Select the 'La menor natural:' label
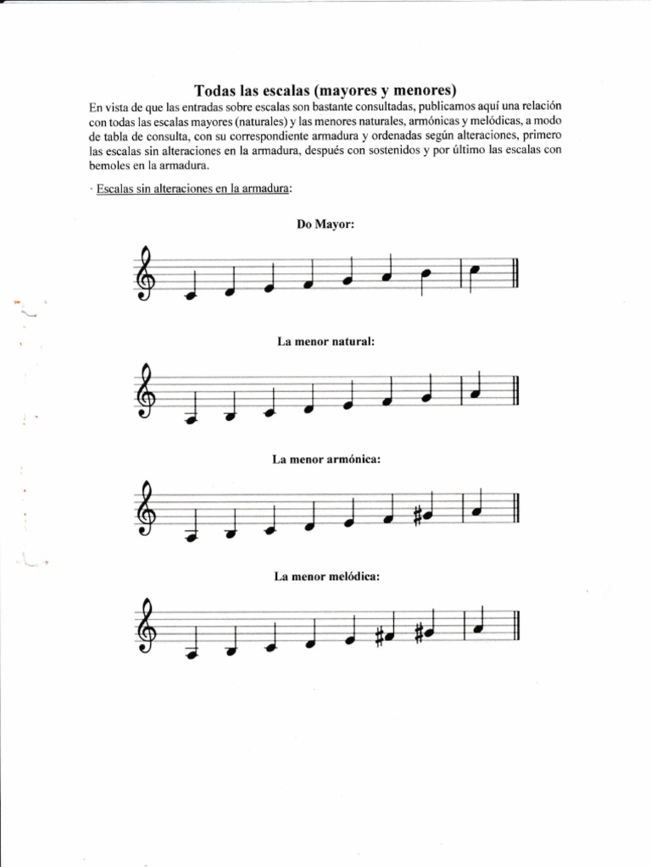(x=325, y=341)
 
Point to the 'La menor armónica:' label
(x=325, y=459)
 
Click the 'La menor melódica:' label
(x=325, y=577)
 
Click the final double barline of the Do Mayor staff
(x=515, y=275)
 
